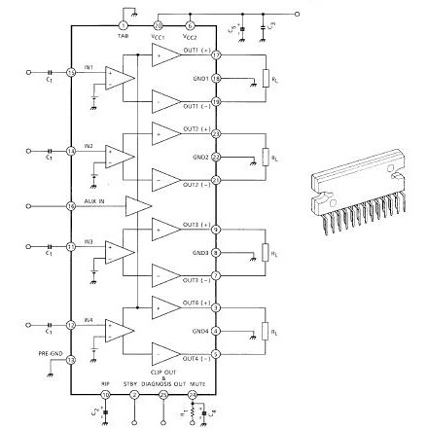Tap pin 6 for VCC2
click(190, 23)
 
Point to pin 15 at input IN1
click(70, 72)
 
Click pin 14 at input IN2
click(70, 150)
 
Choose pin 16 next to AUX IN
click(70, 205)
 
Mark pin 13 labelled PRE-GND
click(70, 360)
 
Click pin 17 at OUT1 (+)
click(217, 54)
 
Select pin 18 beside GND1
click(217, 77)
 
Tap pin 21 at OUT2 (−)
click(217, 179)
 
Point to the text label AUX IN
click(94, 201)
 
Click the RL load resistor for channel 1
click(265, 78)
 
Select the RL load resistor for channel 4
click(265, 331)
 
